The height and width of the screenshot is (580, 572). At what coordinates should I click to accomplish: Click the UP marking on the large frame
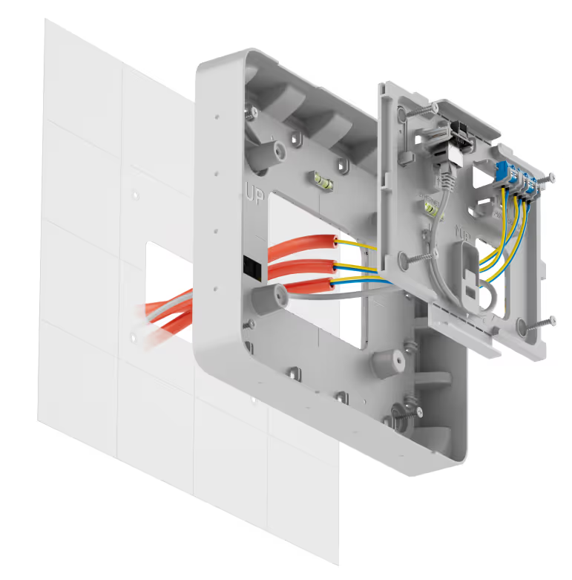coord(255,195)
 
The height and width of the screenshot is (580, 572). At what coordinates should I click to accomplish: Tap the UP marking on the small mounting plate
coord(462,232)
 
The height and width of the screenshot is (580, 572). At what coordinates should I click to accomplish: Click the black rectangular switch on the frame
coord(252,266)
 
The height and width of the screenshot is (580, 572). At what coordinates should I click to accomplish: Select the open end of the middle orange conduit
coord(334,266)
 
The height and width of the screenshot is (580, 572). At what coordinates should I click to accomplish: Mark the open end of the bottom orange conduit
coord(329,284)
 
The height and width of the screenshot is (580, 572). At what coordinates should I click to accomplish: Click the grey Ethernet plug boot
coord(447,175)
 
